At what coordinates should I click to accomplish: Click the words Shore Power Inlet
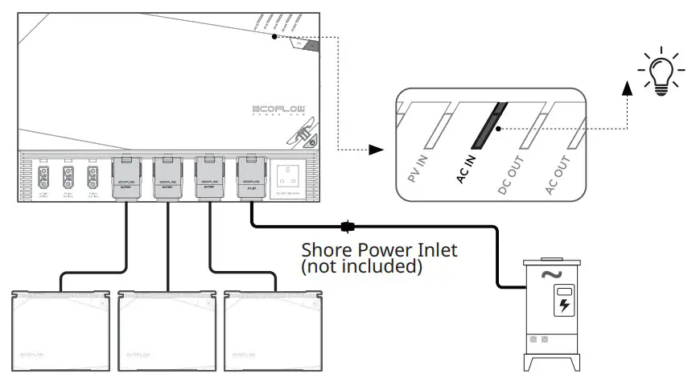(378, 250)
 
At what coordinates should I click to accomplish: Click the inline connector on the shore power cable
(348, 226)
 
